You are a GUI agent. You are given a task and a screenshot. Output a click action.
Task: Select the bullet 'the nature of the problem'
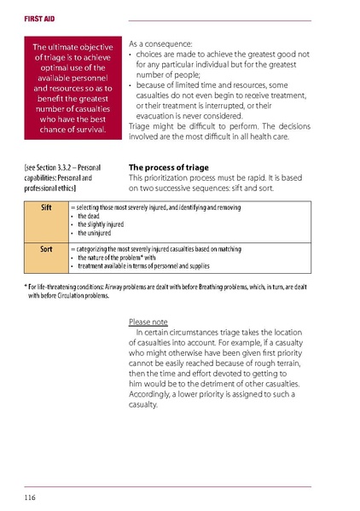[x=116, y=257]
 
